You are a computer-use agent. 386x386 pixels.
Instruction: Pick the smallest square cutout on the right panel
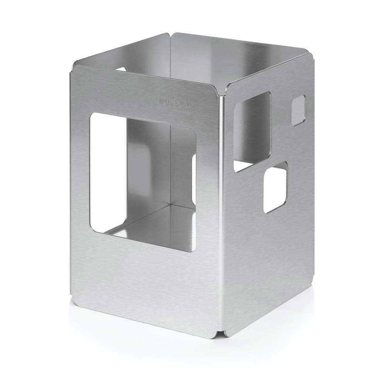point(298,110)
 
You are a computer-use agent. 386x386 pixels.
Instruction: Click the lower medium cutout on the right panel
point(275,187)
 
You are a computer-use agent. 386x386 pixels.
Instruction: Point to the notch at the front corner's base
point(221,333)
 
